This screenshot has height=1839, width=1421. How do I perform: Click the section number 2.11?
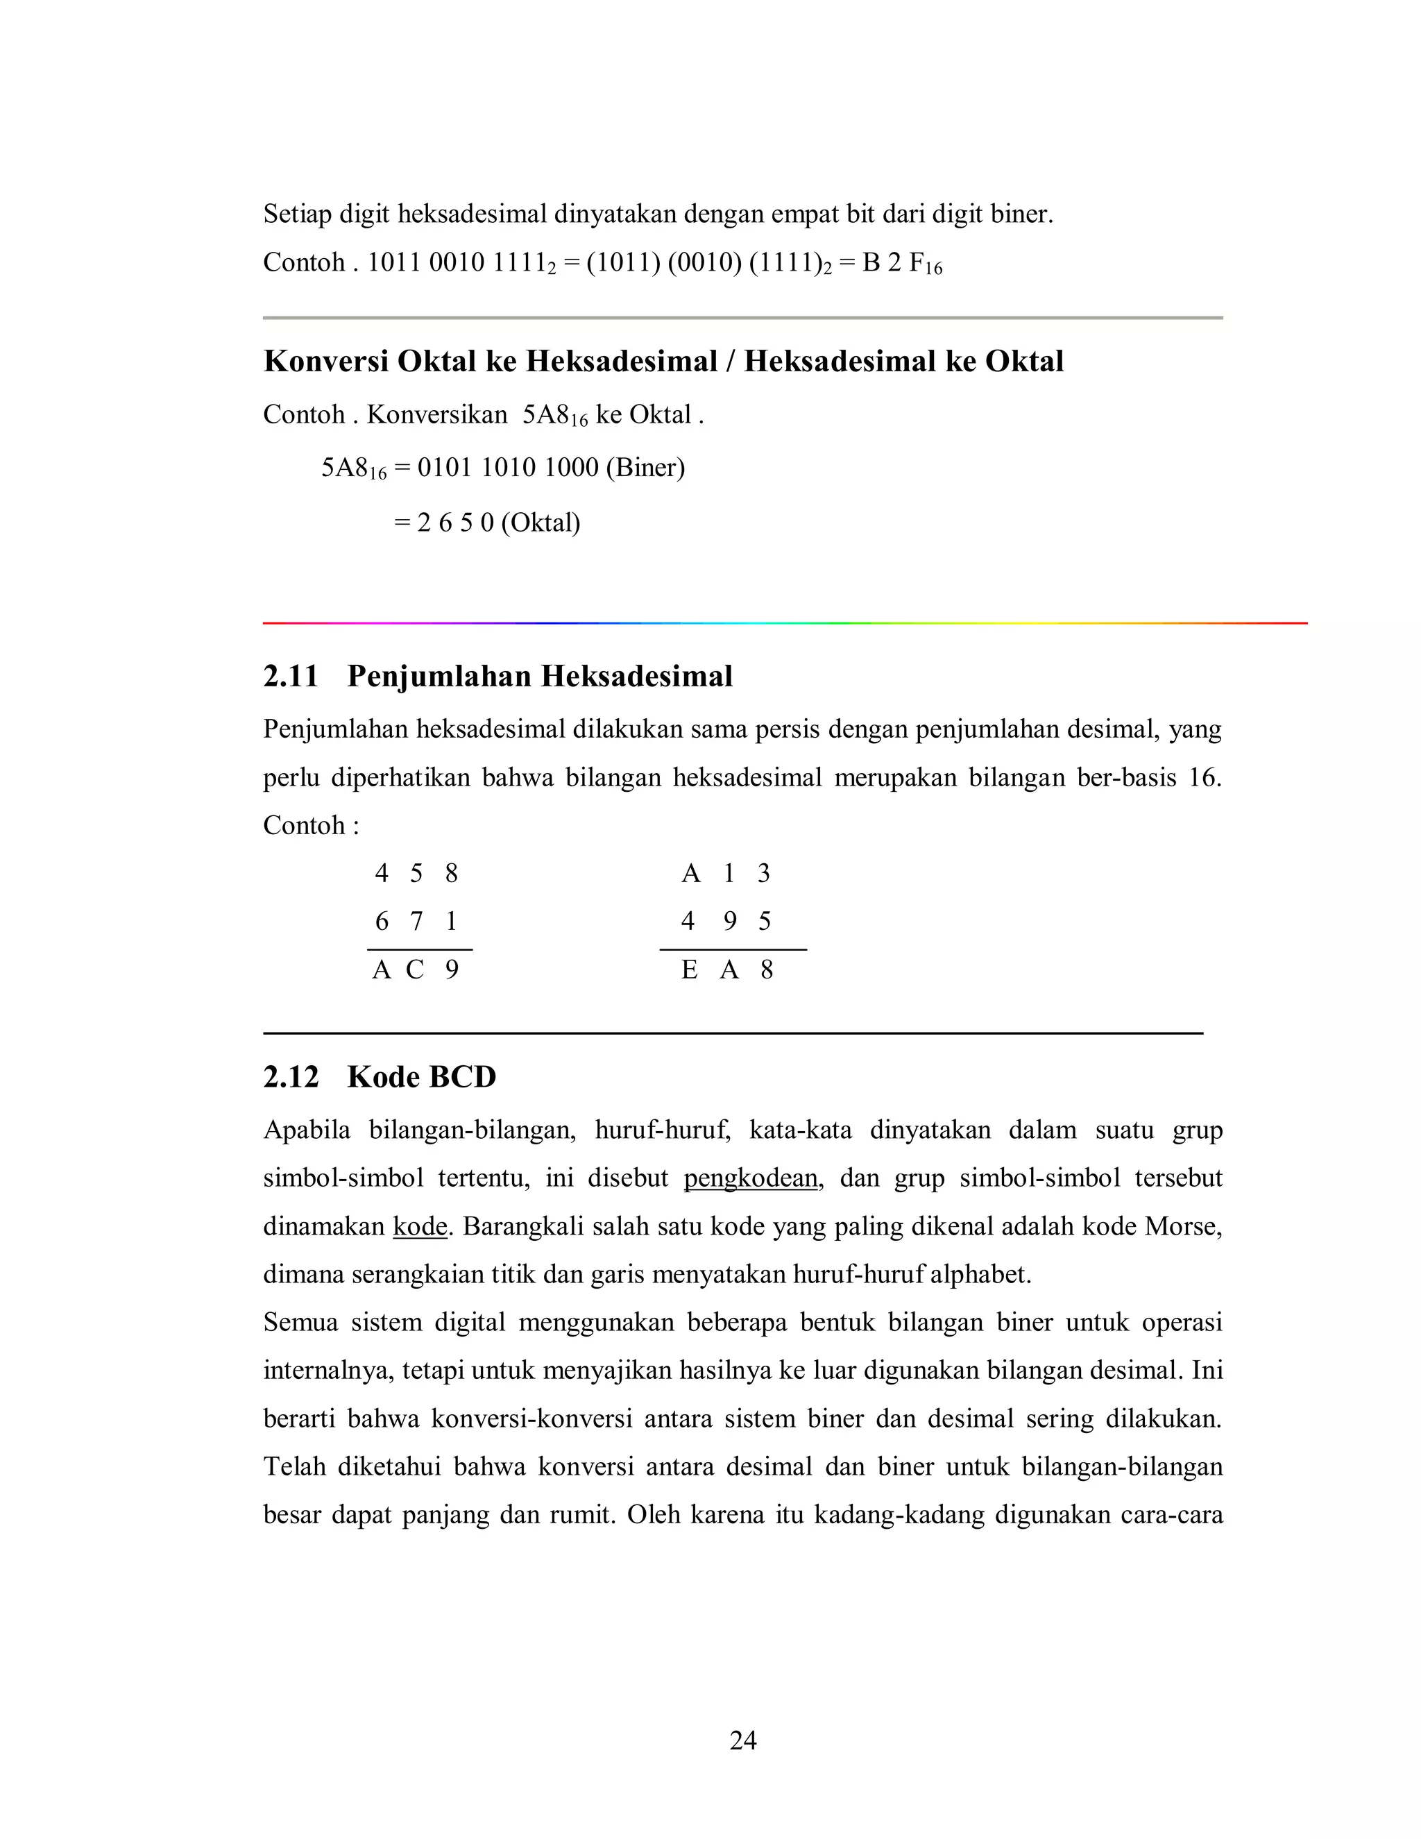click(x=291, y=676)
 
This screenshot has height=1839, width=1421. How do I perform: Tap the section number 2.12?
click(x=291, y=1077)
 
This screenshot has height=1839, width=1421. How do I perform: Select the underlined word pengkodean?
click(x=750, y=1178)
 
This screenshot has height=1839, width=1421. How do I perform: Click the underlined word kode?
click(x=419, y=1226)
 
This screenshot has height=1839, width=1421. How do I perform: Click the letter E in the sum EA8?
click(x=688, y=970)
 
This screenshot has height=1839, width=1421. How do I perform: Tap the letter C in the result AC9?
click(x=414, y=970)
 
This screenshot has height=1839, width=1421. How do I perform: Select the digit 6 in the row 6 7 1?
click(x=382, y=921)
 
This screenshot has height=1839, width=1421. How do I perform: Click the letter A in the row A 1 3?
click(x=690, y=873)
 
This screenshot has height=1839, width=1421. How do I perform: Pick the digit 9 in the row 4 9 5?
click(x=729, y=921)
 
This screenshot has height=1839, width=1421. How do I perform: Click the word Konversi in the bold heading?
click(x=325, y=362)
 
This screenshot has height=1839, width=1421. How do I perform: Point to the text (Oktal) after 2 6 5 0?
click(x=541, y=523)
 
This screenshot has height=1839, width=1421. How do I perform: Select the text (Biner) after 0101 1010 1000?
click(x=645, y=467)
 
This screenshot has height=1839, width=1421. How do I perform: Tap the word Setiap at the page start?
click(x=297, y=214)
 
